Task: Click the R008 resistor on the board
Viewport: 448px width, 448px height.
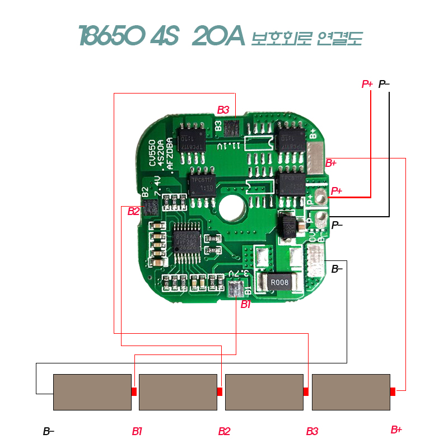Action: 279,282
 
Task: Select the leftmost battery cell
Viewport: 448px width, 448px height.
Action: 92,392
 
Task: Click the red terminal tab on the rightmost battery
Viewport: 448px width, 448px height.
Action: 393,391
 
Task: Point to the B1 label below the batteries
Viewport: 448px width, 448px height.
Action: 137,431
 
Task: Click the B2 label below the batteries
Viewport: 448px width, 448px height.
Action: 224,431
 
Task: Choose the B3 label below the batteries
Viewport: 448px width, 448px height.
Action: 312,431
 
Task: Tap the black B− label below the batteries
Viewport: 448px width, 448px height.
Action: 49,431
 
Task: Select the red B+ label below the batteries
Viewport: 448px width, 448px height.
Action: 396,430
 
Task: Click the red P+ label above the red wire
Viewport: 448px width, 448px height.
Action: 367,84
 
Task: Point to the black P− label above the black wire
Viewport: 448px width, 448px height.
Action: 384,84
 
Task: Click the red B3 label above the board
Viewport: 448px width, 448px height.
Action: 223,109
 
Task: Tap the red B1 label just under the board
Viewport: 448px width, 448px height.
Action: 246,305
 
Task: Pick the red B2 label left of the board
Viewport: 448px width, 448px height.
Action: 133,211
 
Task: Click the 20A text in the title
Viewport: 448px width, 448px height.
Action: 218,37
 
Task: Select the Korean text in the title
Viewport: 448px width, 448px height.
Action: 307,38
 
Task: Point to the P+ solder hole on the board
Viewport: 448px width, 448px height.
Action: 320,197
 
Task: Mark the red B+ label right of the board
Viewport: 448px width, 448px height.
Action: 331,164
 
